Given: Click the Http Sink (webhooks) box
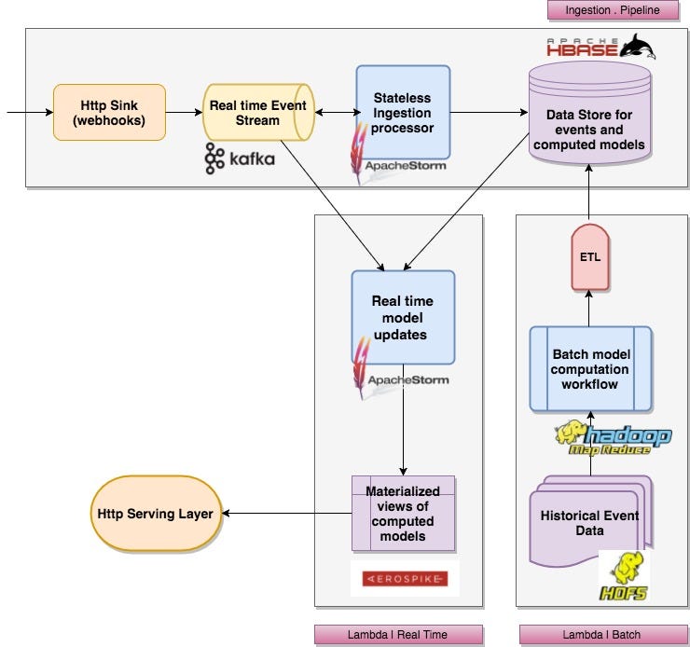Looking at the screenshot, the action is pos(110,113).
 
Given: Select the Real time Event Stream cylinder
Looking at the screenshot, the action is pos(258,113).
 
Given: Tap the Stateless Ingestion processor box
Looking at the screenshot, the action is pos(403,113).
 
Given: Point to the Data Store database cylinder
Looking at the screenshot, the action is pos(589,114).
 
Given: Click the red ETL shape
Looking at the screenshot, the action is pos(590,257).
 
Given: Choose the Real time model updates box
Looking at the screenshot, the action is pos(403,318).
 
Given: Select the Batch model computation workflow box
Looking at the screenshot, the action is pos(590,369).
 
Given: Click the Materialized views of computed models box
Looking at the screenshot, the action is pos(403,514).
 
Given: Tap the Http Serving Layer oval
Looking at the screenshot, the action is pos(156,514).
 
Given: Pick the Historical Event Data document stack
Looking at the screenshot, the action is pos(590,521).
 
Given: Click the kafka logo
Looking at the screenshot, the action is pos(240,158).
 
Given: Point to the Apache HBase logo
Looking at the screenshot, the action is pos(601,47).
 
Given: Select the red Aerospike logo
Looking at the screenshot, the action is pos(405,579).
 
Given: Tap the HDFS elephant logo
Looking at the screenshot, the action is pos(624,577).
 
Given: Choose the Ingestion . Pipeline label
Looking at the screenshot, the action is pos(614,10).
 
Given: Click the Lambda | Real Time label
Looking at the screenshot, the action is pos(399,635).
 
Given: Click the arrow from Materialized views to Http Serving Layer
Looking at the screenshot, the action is pos(287,514).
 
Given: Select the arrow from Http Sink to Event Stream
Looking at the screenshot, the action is pos(185,113).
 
